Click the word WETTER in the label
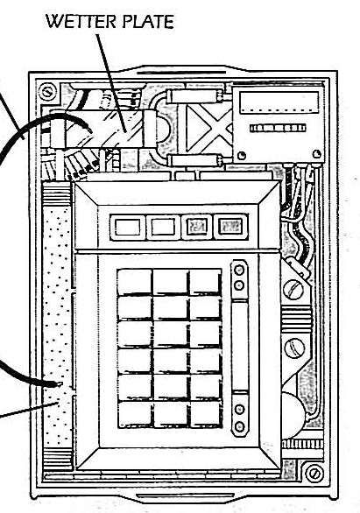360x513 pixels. pyautogui.click(x=81, y=22)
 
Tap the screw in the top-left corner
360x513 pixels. pyautogui.click(x=48, y=92)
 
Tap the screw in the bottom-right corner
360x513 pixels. pyautogui.click(x=314, y=473)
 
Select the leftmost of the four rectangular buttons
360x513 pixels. pyautogui.click(x=128, y=227)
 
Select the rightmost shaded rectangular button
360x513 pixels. pyautogui.click(x=231, y=227)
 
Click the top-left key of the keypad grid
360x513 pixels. pyautogui.click(x=134, y=282)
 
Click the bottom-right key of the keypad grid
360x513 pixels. pyautogui.click(x=206, y=415)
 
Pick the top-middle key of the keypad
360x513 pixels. pyautogui.click(x=170, y=282)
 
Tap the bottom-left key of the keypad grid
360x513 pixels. pyautogui.click(x=134, y=415)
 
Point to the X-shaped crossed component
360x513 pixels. pyautogui.click(x=209, y=128)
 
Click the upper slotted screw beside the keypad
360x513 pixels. pyautogui.click(x=293, y=289)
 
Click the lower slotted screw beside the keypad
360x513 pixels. pyautogui.click(x=294, y=348)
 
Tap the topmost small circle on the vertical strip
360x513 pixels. pyautogui.click(x=240, y=271)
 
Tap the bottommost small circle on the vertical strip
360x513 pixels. pyautogui.click(x=240, y=426)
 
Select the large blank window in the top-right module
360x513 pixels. pyautogui.click(x=279, y=102)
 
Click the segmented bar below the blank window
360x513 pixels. pyautogui.click(x=278, y=128)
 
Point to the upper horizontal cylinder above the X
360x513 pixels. pyautogui.click(x=194, y=96)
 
